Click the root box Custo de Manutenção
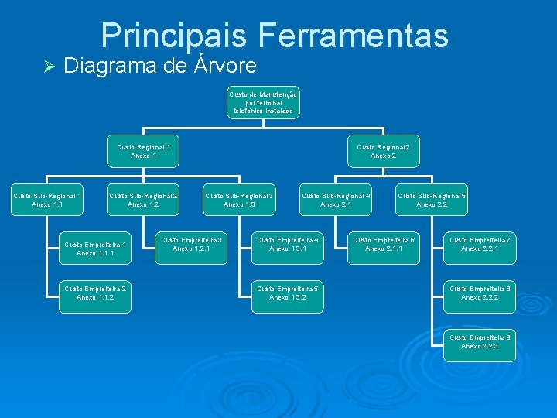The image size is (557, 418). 264,103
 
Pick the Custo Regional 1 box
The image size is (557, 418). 144,151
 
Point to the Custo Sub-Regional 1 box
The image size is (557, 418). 48,200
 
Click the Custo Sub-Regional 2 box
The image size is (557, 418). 143,200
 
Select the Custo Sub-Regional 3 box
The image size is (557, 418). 240,200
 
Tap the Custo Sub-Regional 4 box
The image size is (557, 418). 336,200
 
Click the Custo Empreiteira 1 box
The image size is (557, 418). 96,248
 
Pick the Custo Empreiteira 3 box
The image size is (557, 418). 192,245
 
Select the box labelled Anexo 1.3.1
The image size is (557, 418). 288,245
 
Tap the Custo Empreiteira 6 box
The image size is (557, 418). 384,245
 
